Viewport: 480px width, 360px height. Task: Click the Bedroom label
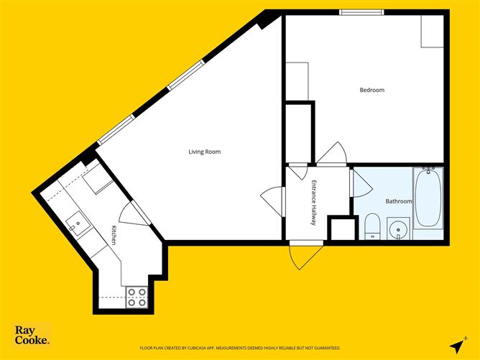pos(372,90)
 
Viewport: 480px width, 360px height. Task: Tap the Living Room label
pos(204,152)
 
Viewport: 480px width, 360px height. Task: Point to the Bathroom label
pos(399,202)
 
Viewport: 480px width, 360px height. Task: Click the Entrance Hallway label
pos(313,203)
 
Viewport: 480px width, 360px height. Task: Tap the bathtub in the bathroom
pos(428,198)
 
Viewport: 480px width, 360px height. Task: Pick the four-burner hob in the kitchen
pos(137,296)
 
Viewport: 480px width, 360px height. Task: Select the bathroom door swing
pos(361,183)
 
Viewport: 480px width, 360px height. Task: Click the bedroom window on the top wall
pos(361,11)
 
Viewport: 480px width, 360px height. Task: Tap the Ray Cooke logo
pos(32,335)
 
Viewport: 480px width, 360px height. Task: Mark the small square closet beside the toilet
pos(342,229)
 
